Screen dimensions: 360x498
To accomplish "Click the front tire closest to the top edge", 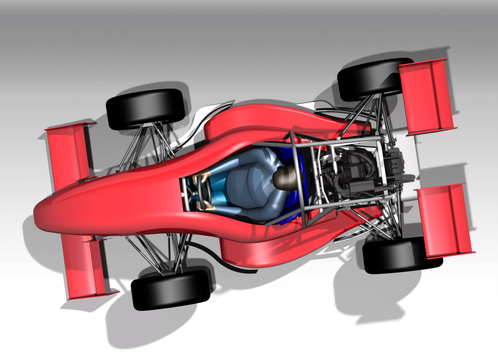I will click(145, 108).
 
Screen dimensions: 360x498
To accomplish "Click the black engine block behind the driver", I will click(352, 170).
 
